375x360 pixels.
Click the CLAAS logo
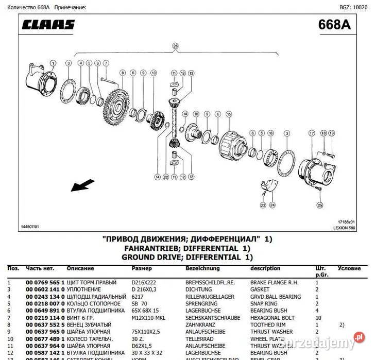(49, 25)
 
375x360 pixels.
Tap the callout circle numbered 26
(175, 46)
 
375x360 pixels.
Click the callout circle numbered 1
(53, 63)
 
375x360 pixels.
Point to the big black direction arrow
(82, 185)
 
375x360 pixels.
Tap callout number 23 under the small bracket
(263, 205)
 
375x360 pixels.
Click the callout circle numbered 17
(311, 133)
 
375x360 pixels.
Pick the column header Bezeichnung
(203, 268)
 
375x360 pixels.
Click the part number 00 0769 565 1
(45, 283)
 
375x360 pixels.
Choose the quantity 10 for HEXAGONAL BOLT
(317, 318)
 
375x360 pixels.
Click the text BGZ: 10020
(354, 8)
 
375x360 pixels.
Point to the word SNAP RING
(264, 304)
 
